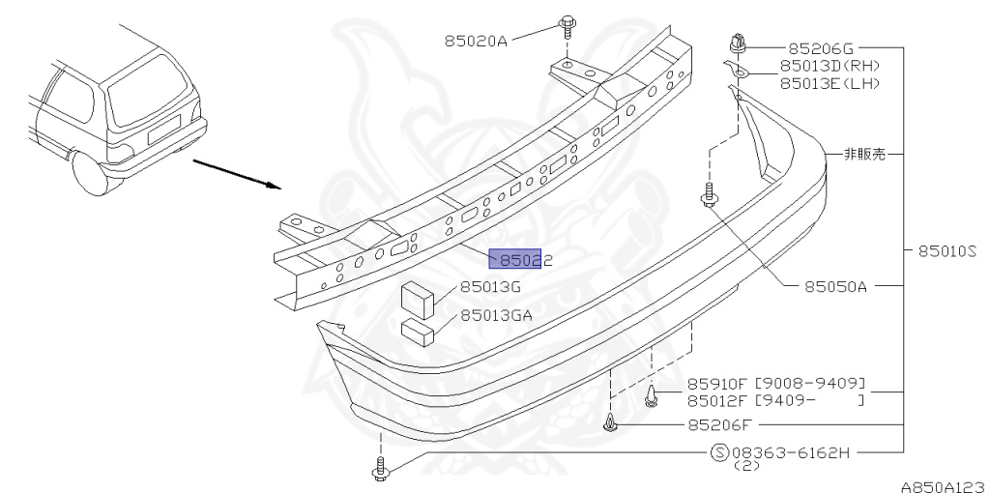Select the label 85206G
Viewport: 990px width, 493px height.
[822, 45]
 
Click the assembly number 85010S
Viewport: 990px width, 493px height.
[948, 250]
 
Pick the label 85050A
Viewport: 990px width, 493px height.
[836, 286]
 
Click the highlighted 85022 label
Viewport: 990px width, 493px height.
[521, 259]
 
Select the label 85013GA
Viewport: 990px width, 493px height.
[496, 315]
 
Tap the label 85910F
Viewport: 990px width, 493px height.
[717, 383]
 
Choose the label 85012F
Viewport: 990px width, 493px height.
[717, 399]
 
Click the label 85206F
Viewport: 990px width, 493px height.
[719, 423]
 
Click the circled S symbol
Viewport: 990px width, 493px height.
[720, 451]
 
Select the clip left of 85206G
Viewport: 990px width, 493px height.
[739, 43]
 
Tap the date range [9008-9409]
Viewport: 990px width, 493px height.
[809, 383]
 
